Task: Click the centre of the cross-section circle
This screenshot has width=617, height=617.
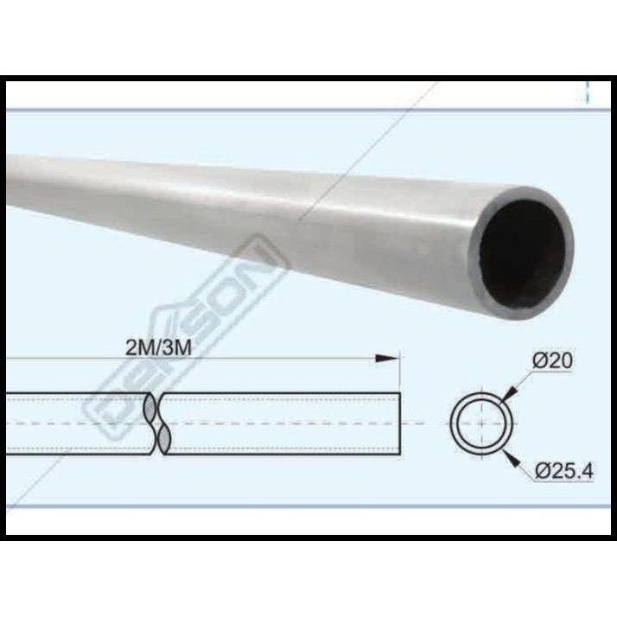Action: tap(481, 423)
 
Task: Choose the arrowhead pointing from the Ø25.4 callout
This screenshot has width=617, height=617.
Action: tap(509, 457)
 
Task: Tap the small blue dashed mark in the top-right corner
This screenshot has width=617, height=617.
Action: tap(588, 93)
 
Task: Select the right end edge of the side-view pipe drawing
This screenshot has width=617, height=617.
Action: tap(401, 423)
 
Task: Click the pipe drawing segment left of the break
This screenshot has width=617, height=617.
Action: tap(78, 423)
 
